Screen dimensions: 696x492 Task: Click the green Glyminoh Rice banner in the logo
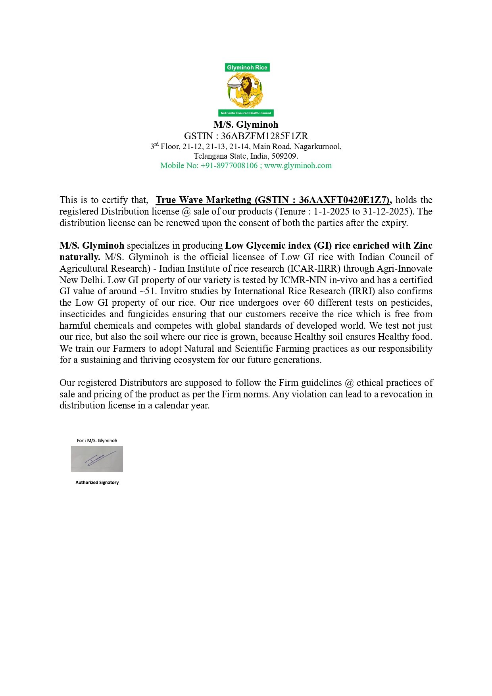tap(247, 67)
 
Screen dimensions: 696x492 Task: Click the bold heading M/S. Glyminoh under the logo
tap(246, 125)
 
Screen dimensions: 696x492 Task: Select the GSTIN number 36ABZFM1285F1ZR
tap(264, 136)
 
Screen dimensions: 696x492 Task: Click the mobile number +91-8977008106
tap(229, 165)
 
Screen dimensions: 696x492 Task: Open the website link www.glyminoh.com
tap(298, 165)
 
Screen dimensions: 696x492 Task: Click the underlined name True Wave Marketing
tap(204, 200)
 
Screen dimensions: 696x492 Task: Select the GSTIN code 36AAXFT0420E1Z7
tap(344, 200)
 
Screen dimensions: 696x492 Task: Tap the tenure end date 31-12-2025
tap(385, 211)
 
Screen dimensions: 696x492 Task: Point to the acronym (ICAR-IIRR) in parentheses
tap(314, 268)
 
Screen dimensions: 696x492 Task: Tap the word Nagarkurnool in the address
tap(317, 146)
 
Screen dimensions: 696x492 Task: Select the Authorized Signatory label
tap(97, 483)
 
